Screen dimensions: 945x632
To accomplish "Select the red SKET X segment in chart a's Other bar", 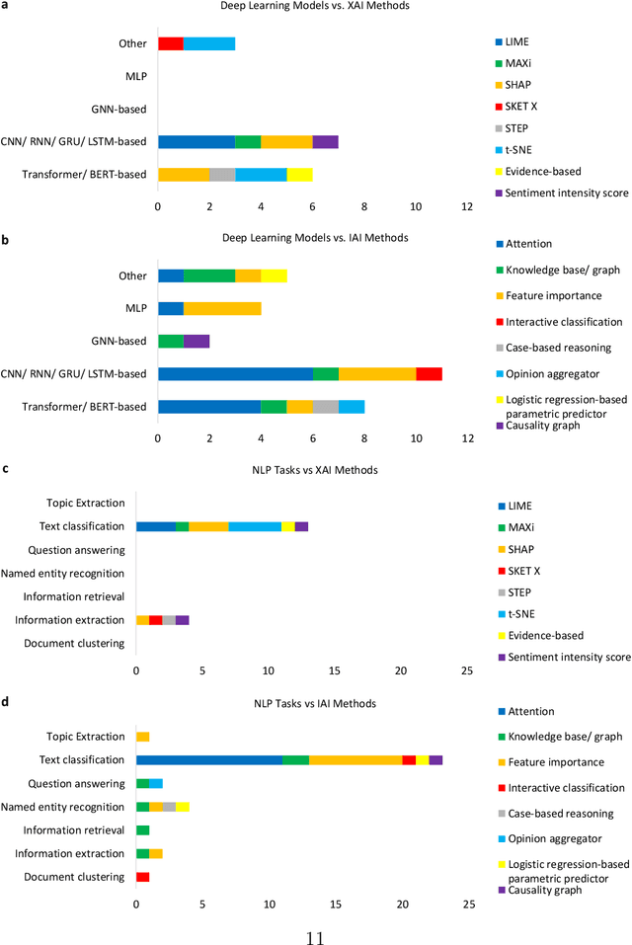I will [x=170, y=43].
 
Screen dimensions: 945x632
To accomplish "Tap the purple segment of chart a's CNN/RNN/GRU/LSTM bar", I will [x=325, y=141].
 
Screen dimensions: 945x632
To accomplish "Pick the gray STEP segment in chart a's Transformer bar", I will [x=222, y=174].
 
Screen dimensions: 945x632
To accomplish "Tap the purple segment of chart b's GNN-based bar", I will [x=197, y=341].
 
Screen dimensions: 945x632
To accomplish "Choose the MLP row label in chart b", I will [x=136, y=308].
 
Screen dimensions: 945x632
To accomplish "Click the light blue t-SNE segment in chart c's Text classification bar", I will [x=255, y=526].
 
